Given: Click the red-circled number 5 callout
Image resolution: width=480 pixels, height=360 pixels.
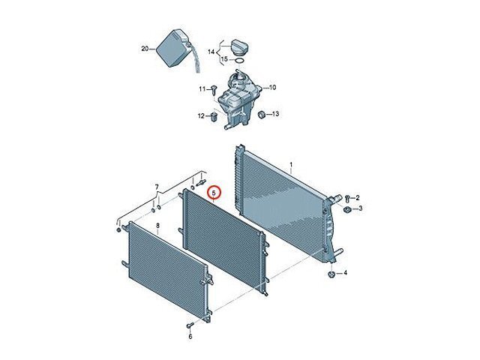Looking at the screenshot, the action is tap(214, 193).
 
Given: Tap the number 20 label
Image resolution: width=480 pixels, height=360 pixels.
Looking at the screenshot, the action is tap(145, 49).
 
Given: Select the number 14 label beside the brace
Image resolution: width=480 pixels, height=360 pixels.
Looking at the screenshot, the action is tap(211, 52).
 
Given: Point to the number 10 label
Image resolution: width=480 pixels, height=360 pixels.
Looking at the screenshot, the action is tap(272, 88).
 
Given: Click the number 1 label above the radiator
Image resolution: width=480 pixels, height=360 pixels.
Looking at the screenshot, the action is tap(291, 165).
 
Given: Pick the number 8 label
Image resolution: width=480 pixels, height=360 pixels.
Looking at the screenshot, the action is tap(157, 226).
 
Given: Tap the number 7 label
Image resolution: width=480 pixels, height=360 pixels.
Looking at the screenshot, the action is tap(157, 187).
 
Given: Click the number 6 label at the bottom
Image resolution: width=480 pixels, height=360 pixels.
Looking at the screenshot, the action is tap(190, 337).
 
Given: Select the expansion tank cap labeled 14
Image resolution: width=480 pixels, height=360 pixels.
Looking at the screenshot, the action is tap(239, 47).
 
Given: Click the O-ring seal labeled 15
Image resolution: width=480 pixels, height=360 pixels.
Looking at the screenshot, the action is tap(240, 61).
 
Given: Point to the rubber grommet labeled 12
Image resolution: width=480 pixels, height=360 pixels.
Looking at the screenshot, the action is tap(214, 116).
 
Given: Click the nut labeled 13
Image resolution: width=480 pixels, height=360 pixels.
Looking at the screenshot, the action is tap(262, 115).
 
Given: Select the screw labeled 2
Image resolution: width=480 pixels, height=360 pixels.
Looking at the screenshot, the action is tap(347, 199).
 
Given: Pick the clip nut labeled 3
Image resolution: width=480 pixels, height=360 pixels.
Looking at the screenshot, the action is tap(346, 210).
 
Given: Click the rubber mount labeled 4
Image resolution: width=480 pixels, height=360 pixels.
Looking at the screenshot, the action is tap(331, 274).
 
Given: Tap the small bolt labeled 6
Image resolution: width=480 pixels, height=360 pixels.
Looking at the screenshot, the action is tap(190, 325).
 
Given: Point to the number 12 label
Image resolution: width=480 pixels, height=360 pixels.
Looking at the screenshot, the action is tap(201, 116).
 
